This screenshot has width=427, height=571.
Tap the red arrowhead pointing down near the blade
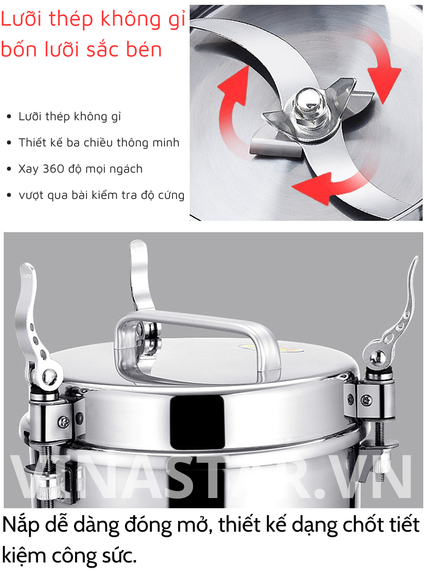[x=384, y=82]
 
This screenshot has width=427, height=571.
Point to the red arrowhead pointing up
[x=233, y=83]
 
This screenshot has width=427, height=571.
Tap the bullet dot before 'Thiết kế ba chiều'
[x=9, y=142]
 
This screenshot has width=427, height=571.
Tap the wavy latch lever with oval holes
[x=393, y=320]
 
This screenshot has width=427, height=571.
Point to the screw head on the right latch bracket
[x=366, y=400]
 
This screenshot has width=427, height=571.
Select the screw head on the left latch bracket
[x=64, y=422]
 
